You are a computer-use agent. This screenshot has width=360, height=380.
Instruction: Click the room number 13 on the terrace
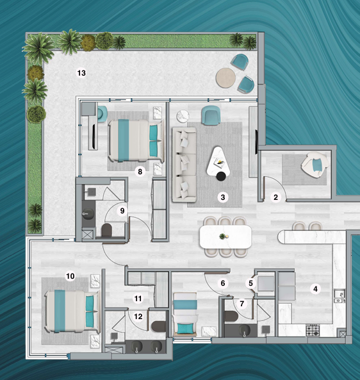81,73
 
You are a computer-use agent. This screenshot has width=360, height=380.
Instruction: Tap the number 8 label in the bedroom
140,172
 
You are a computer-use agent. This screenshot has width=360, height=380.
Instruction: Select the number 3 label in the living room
223,197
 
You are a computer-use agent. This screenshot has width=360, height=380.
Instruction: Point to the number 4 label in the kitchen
315,288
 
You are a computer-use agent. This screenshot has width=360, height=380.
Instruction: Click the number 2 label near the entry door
275,197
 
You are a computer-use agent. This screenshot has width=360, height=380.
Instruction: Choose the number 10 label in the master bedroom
70,276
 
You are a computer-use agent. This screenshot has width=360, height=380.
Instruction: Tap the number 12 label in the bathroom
138,317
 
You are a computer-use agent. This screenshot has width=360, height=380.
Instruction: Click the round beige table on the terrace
225,78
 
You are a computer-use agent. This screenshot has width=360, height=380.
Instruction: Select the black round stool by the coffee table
221,176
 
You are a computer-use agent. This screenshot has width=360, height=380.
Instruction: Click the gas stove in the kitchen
313,330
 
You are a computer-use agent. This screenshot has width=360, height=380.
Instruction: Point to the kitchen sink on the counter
340,296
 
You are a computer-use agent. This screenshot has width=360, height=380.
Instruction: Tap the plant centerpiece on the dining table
223,236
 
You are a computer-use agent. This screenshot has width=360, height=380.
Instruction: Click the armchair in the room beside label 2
315,164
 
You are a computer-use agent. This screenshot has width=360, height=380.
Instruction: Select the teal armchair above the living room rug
211,115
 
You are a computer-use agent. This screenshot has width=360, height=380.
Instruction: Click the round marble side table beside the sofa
183,117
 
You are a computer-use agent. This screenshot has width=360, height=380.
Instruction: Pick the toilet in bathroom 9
106,230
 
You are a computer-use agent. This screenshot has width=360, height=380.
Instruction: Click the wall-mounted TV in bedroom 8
94,136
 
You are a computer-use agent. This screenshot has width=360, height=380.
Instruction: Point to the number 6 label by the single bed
223,283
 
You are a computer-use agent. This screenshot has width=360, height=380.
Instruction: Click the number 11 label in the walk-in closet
138,299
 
